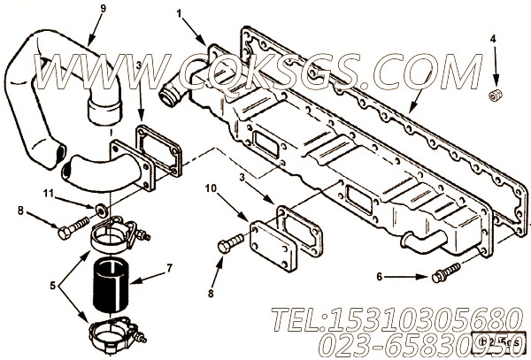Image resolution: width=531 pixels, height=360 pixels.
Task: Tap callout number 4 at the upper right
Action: tap(493, 39)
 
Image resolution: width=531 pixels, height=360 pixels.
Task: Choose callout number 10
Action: tap(211, 188)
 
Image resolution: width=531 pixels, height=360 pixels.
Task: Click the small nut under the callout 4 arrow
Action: tap(496, 93)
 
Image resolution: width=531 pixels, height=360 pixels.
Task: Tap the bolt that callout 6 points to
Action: tap(436, 278)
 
